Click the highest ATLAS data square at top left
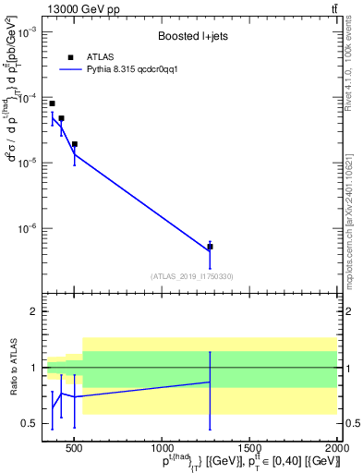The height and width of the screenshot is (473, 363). (52, 103)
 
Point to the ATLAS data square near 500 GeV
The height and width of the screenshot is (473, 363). (74, 144)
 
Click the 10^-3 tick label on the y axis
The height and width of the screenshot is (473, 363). (25, 31)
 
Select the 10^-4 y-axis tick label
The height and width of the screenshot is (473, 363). (25, 97)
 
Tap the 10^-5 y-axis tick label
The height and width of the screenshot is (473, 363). (25, 163)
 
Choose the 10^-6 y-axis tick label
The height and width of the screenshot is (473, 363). (25, 228)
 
